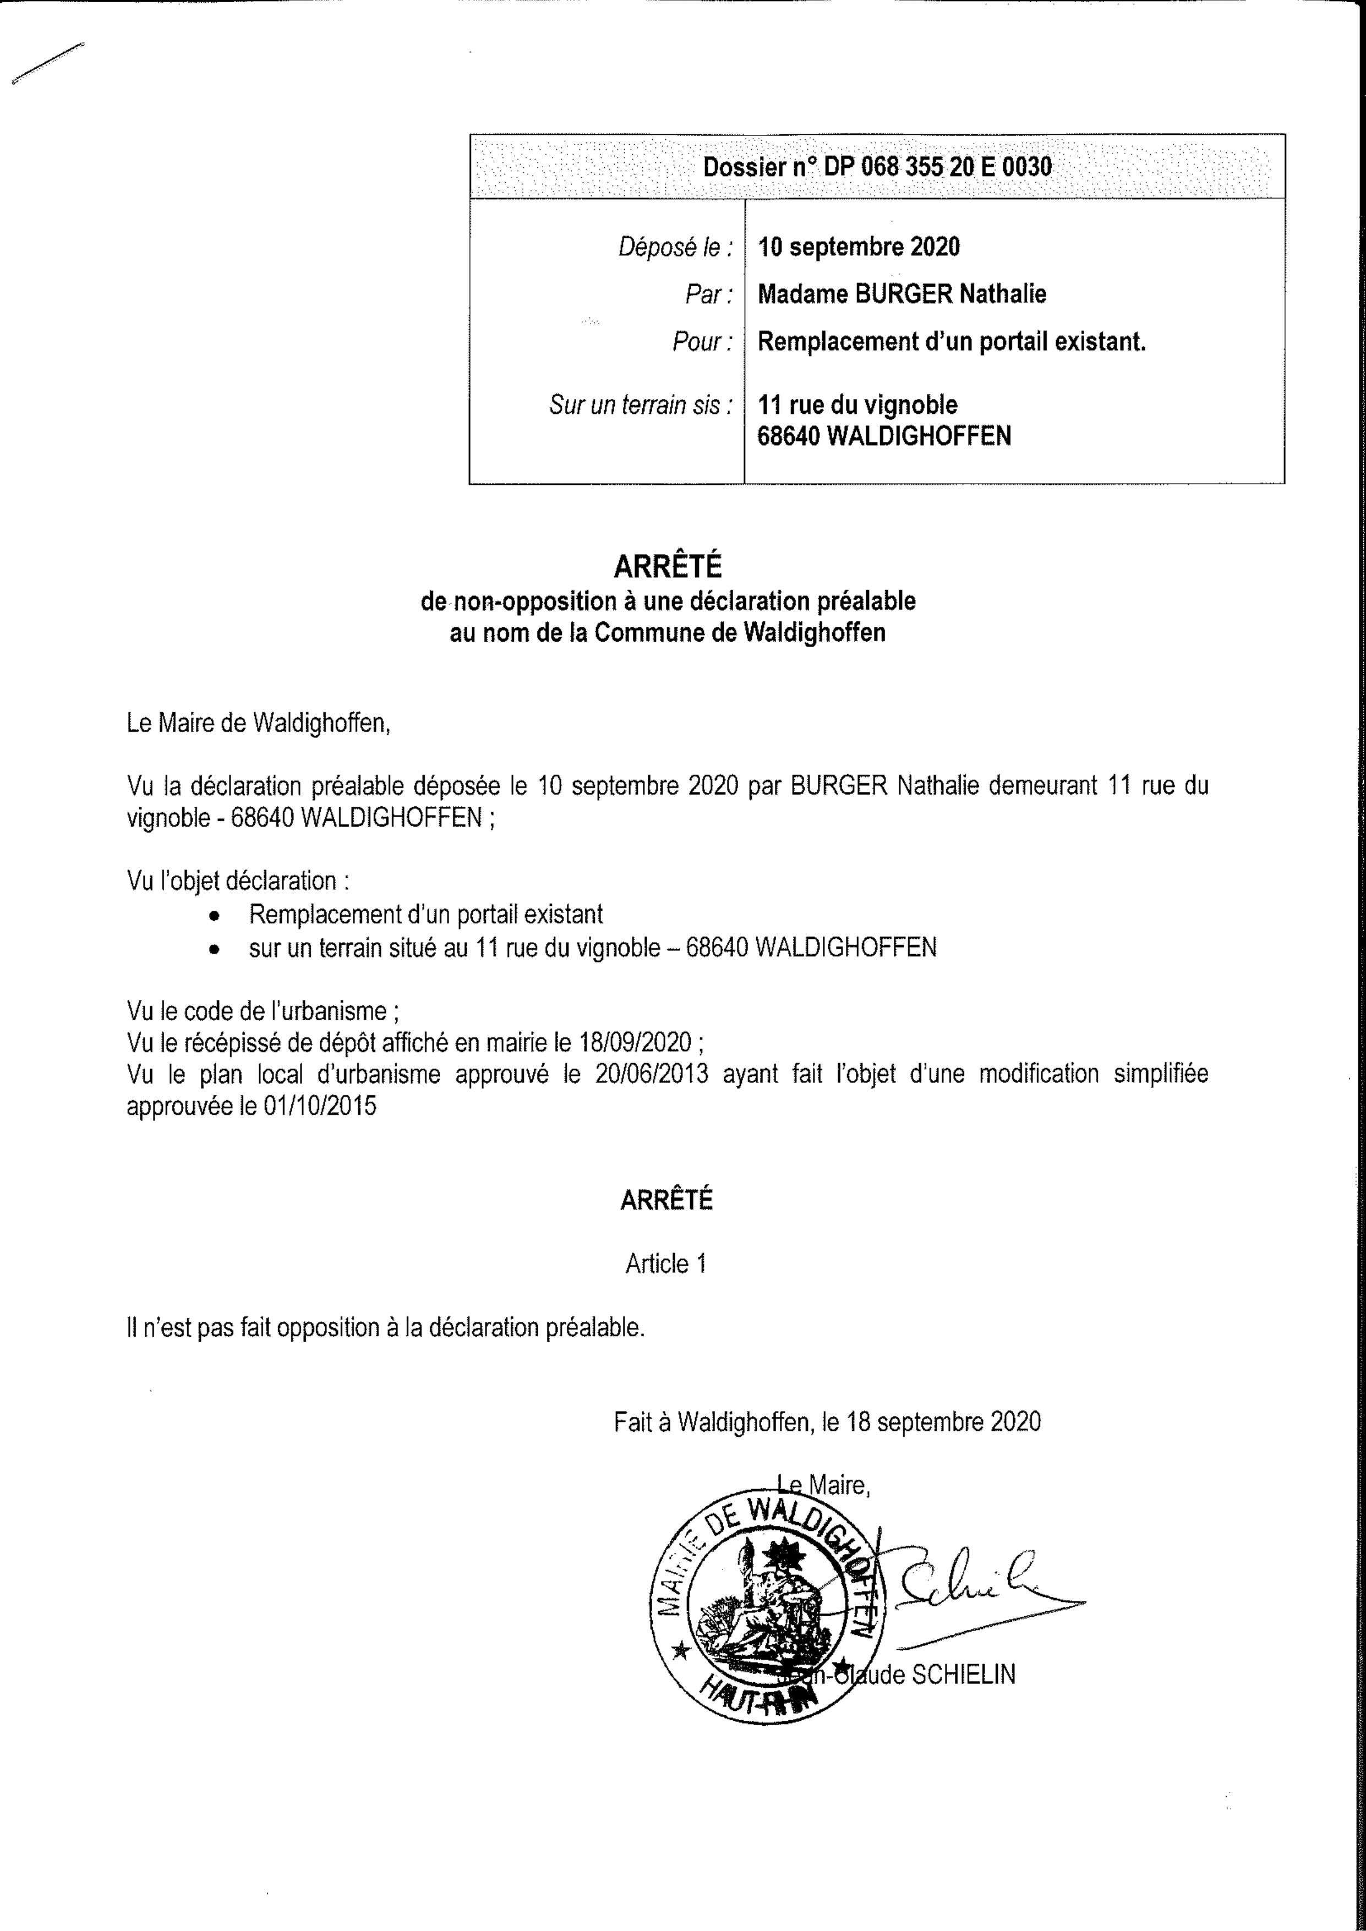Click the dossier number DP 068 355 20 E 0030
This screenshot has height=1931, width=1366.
pyautogui.click(x=877, y=167)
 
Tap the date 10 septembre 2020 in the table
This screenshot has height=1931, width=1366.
pyautogui.click(x=858, y=247)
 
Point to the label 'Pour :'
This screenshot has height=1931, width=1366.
pyautogui.click(x=702, y=342)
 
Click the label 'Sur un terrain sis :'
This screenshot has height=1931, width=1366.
pyautogui.click(x=640, y=406)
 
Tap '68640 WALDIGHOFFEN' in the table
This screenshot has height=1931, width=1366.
pyautogui.click(x=884, y=436)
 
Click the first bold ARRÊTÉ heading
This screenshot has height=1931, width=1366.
pyautogui.click(x=667, y=567)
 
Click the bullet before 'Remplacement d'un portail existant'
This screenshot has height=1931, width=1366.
pyautogui.click(x=216, y=916)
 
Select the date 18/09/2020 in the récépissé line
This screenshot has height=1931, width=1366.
pyautogui.click(x=635, y=1043)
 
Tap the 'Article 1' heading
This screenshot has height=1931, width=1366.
pyautogui.click(x=665, y=1264)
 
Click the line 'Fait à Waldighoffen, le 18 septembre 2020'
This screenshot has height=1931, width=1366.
pyautogui.click(x=827, y=1421)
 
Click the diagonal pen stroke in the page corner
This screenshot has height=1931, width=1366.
pyautogui.click(x=48, y=63)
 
